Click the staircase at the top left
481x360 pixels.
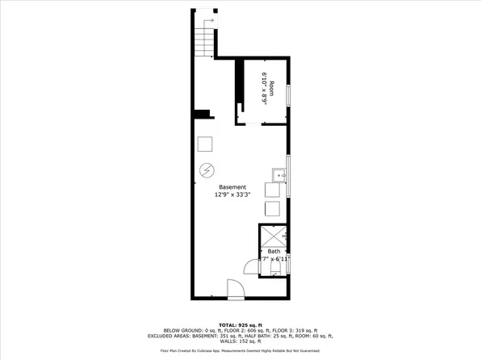click(205, 40)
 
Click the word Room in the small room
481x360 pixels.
click(272, 88)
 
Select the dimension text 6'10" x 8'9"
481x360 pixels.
click(263, 88)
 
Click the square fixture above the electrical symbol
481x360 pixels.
click(206, 144)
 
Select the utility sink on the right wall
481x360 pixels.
click(279, 174)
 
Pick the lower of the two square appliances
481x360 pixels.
click(274, 208)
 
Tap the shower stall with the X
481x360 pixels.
click(274, 237)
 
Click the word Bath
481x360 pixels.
click(274, 252)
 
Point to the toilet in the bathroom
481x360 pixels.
click(276, 273)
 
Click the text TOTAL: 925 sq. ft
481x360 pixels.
click(240, 324)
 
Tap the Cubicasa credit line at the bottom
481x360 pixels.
click(240, 351)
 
